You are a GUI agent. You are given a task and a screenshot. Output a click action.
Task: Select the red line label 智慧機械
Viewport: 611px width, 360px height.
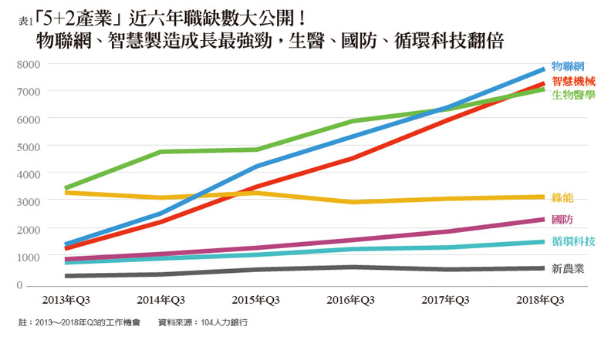[x=573, y=80]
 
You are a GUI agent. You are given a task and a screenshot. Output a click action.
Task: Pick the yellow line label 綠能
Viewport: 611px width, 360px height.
[x=562, y=197]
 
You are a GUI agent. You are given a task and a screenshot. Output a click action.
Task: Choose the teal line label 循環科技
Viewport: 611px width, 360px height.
[x=573, y=241]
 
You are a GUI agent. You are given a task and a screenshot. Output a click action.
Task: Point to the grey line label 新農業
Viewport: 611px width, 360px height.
[x=568, y=269]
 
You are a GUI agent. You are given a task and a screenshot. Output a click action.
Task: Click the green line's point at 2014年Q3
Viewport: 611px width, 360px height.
[x=160, y=152]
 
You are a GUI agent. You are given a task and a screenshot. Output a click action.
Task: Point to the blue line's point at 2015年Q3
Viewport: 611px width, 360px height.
[x=257, y=167]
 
